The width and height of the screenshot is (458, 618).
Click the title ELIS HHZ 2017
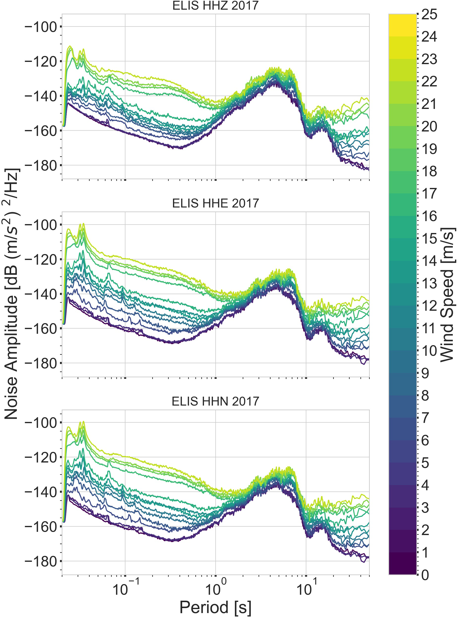[215, 5]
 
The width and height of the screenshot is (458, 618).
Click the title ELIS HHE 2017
[215, 203]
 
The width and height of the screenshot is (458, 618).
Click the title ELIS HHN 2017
[215, 401]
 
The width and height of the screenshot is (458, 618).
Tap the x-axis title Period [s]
[215, 607]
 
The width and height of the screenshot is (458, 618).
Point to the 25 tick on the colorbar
[429, 14]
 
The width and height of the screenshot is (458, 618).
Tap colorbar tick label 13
[429, 283]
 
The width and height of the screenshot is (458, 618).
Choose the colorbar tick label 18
[429, 172]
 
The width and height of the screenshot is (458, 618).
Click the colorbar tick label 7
[425, 418]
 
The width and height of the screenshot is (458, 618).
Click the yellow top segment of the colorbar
[402, 25]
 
